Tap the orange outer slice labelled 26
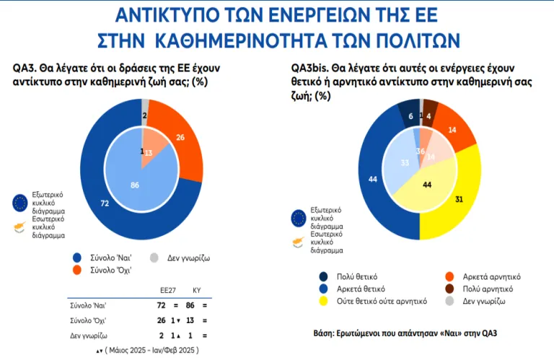tap(179, 138)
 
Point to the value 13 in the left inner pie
tap(149, 153)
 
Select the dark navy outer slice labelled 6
tap(410, 117)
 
